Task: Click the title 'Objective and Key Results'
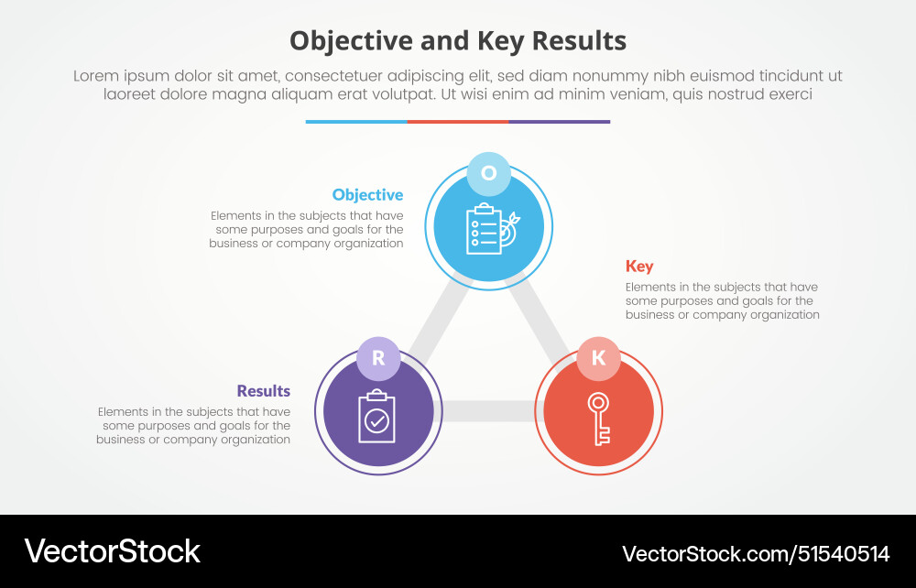tap(458, 40)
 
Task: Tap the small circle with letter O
tap(488, 173)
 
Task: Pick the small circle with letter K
tap(598, 358)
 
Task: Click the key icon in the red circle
tap(599, 419)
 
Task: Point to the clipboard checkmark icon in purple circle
tap(376, 418)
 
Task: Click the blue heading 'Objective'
tap(367, 195)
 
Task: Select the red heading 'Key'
tap(639, 267)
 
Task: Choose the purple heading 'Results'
tap(264, 391)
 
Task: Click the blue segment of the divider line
tap(356, 121)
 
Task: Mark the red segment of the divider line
tap(458, 121)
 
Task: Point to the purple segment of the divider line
tap(559, 121)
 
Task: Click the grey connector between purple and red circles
tap(489, 411)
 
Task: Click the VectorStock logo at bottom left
tap(112, 551)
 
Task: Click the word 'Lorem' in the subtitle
tap(98, 76)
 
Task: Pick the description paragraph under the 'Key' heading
tap(722, 300)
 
